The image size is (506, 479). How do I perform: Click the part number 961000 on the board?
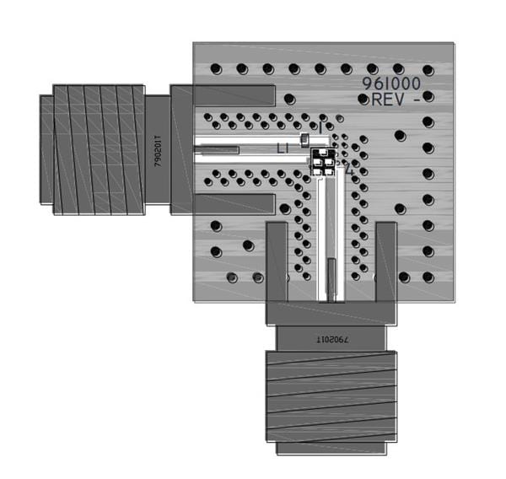(x=395, y=83)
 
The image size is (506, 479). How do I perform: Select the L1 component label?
(x=284, y=148)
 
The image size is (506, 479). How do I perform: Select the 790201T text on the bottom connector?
(x=331, y=337)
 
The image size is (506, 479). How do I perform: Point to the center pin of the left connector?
(x=217, y=150)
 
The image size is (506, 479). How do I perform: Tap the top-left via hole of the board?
(x=216, y=69)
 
